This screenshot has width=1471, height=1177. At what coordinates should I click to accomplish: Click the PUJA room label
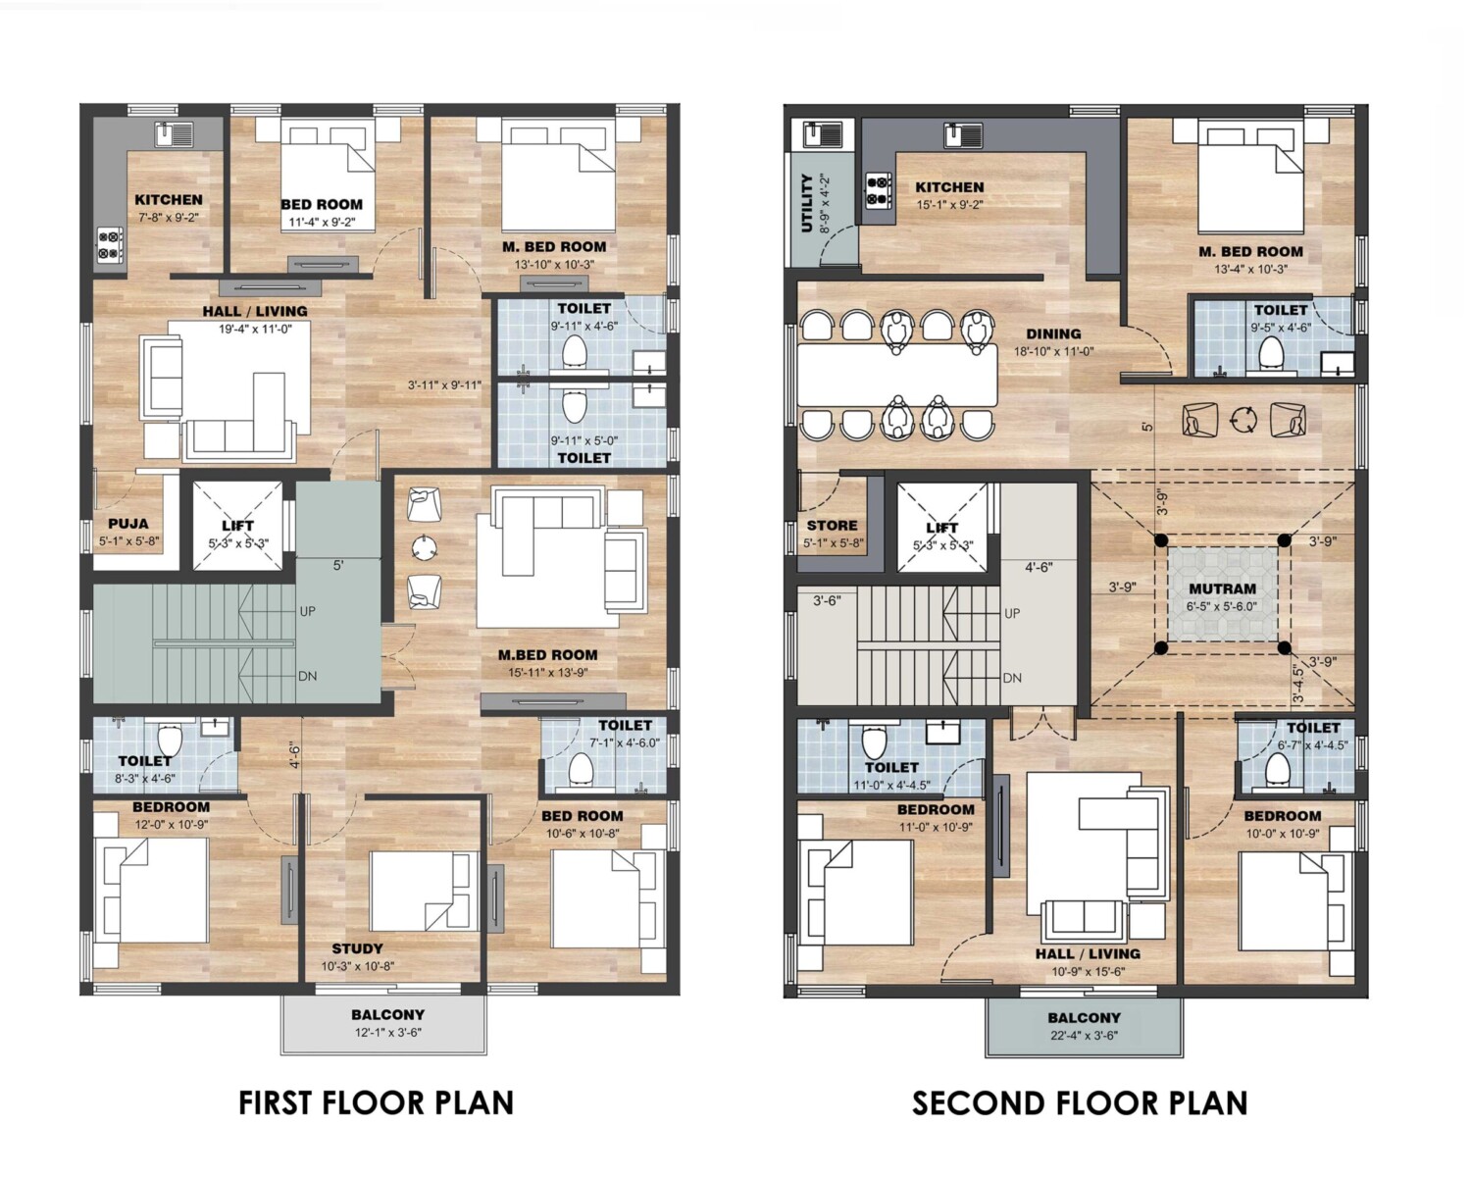(x=128, y=524)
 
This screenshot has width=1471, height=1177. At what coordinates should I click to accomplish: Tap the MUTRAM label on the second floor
(x=1222, y=588)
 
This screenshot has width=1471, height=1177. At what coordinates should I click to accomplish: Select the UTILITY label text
(x=806, y=203)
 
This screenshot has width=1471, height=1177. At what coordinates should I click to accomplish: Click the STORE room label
(x=832, y=526)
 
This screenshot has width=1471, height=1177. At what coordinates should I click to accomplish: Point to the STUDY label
(x=358, y=948)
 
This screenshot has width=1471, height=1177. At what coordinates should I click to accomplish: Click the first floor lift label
(x=238, y=526)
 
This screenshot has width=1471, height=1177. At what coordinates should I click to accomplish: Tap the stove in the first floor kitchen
(x=111, y=245)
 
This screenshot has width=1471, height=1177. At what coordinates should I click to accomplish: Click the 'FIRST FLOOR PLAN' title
(x=376, y=1103)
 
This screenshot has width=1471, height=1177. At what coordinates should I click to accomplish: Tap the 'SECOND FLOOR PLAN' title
(x=1080, y=1103)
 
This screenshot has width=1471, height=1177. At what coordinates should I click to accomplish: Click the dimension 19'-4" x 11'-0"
(x=255, y=329)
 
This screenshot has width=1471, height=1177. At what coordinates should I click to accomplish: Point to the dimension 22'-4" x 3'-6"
(x=1084, y=1036)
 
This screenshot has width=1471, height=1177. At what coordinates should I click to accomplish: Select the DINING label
(x=1053, y=333)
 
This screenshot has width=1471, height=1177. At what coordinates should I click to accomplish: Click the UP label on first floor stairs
(x=308, y=611)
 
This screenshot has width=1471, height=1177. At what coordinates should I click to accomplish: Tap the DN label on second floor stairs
(x=1012, y=678)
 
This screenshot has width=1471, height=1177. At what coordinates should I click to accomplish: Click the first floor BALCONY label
(x=387, y=1014)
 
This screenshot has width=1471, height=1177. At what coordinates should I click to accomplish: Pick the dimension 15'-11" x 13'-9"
(x=547, y=672)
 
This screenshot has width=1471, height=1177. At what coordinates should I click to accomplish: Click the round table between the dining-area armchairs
(x=1243, y=419)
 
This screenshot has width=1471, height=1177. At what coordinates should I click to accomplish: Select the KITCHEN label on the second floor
(x=949, y=186)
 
